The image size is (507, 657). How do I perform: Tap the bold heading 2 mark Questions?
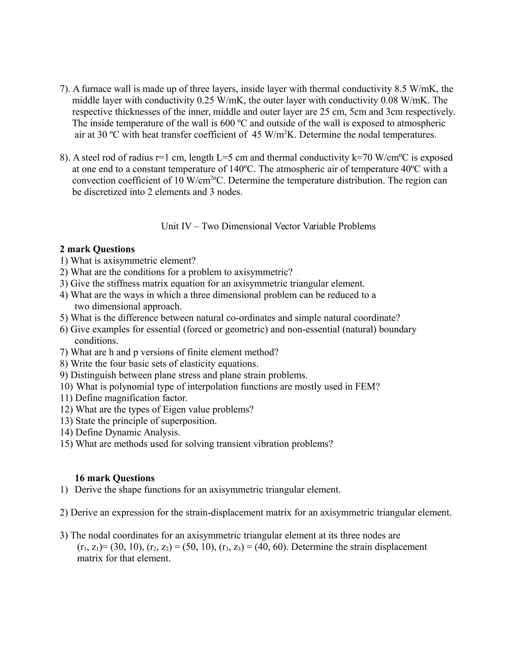coord(97,249)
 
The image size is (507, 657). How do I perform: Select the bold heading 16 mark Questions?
coord(114,478)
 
